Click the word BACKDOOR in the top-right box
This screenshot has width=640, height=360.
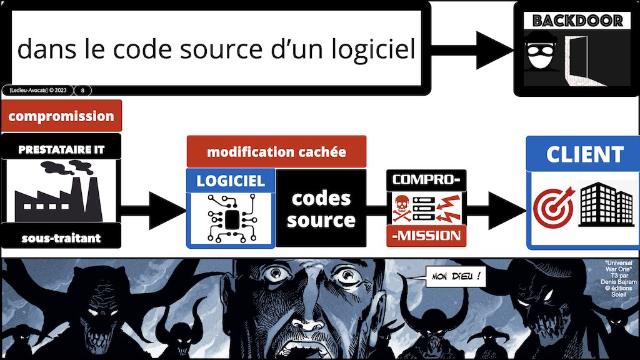pyautogui.click(x=577, y=21)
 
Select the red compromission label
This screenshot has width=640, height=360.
pyautogui.click(x=61, y=116)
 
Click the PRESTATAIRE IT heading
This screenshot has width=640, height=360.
pyautogui.click(x=61, y=149)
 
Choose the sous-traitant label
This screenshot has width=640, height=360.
pyautogui.click(x=61, y=237)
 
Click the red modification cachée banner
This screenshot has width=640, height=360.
pyautogui.click(x=276, y=152)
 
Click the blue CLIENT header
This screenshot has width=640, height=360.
pyautogui.click(x=585, y=154)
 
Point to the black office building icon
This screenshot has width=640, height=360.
pyautogui.click(x=604, y=205)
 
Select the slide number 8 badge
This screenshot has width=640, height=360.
pyautogui.click(x=83, y=90)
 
